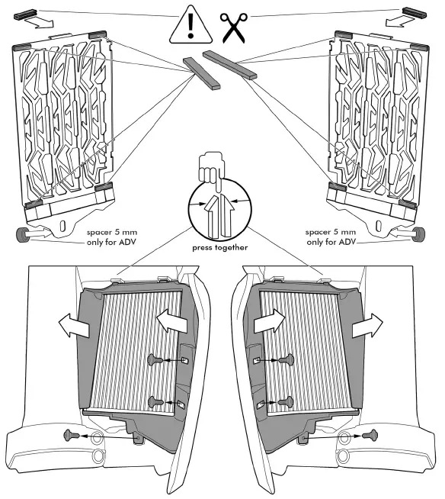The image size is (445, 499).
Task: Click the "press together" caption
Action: coord(222,248)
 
